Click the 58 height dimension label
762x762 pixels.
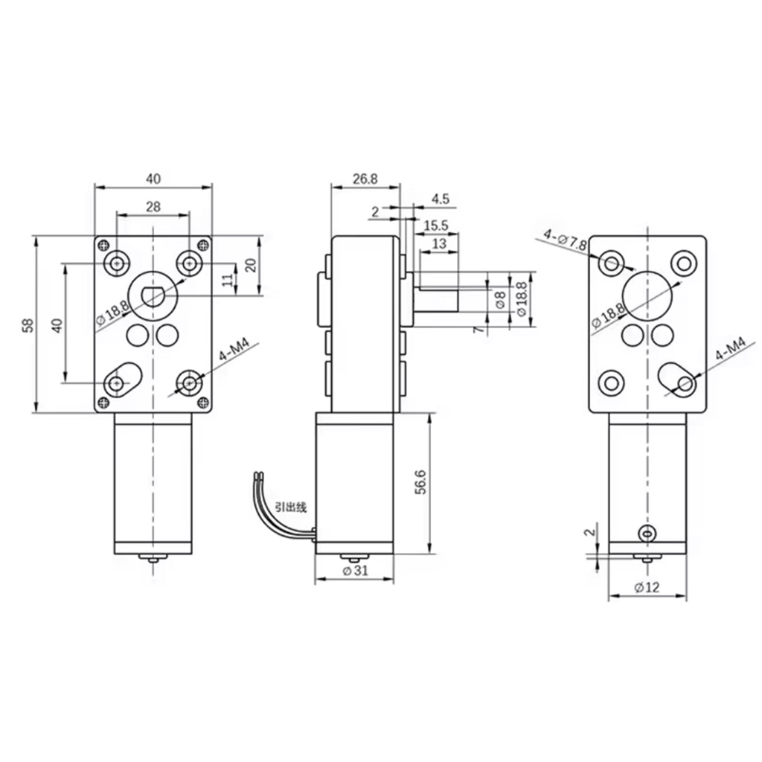click(29, 324)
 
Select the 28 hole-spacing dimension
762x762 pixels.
click(153, 207)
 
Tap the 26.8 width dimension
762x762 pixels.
click(365, 179)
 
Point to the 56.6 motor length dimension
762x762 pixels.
click(421, 482)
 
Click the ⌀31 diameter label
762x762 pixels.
click(355, 571)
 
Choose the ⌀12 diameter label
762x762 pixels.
click(647, 587)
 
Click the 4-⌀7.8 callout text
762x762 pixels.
click(566, 239)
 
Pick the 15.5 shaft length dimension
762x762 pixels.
click(436, 225)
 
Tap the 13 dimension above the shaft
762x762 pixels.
click(439, 243)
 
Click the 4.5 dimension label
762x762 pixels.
click(441, 198)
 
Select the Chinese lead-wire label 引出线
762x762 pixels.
click(291, 508)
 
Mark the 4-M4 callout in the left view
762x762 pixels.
click(234, 350)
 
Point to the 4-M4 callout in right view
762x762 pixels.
click(731, 350)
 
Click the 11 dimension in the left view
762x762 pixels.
click(228, 280)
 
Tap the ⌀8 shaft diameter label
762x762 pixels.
click(500, 299)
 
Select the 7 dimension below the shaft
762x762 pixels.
click(479, 330)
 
